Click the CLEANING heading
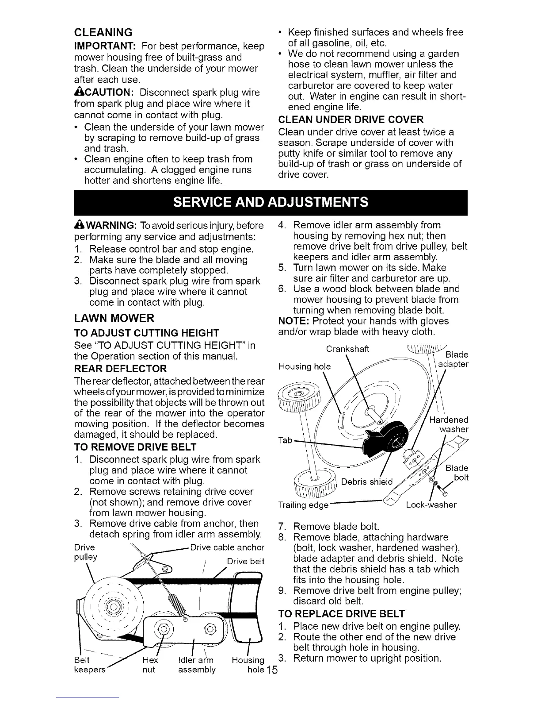(103, 32)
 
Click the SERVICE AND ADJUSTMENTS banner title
(270, 202)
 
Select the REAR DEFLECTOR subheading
(120, 369)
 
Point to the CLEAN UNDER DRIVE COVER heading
(351, 119)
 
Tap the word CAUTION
(105, 92)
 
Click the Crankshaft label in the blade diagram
(347, 349)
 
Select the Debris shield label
(367, 481)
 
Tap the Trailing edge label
(302, 505)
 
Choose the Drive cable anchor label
(227, 547)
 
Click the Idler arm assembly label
(196, 665)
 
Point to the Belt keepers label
(90, 665)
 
